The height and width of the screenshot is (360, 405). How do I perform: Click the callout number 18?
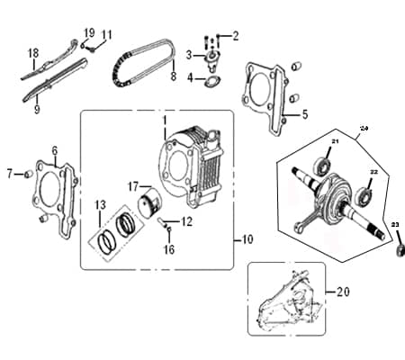pos(32,52)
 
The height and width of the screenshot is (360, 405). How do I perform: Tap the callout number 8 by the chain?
pos(173,77)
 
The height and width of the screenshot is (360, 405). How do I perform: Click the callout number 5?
pos(304,114)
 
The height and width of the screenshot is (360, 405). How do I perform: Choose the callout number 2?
pos(236,36)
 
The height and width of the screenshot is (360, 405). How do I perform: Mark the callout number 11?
pos(106,35)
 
